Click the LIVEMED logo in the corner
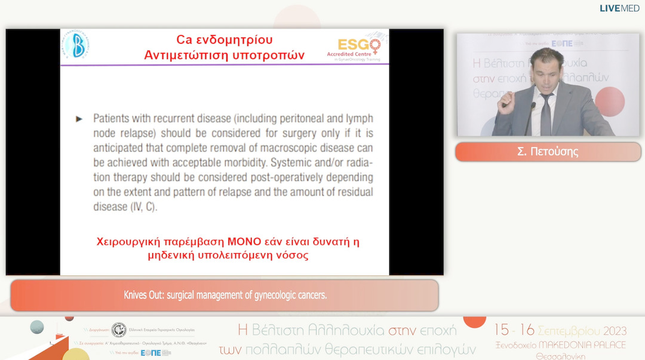click(619, 8)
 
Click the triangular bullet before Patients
click(79, 119)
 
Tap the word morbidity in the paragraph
click(242, 162)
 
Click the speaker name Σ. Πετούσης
click(548, 152)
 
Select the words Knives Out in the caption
click(145, 296)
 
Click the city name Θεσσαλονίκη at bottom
click(561, 356)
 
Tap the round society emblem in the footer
click(118, 330)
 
